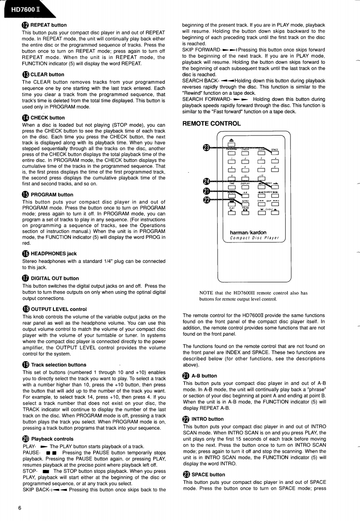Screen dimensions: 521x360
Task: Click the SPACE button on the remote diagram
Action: coord(275,154)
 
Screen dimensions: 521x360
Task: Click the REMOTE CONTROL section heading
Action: coord(212,124)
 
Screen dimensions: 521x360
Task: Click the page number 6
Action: coord(20,508)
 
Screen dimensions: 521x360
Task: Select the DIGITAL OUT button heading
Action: coord(54,278)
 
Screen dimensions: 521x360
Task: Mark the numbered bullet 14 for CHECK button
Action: coord(26,117)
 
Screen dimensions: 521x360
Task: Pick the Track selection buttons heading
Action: coord(58,365)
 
